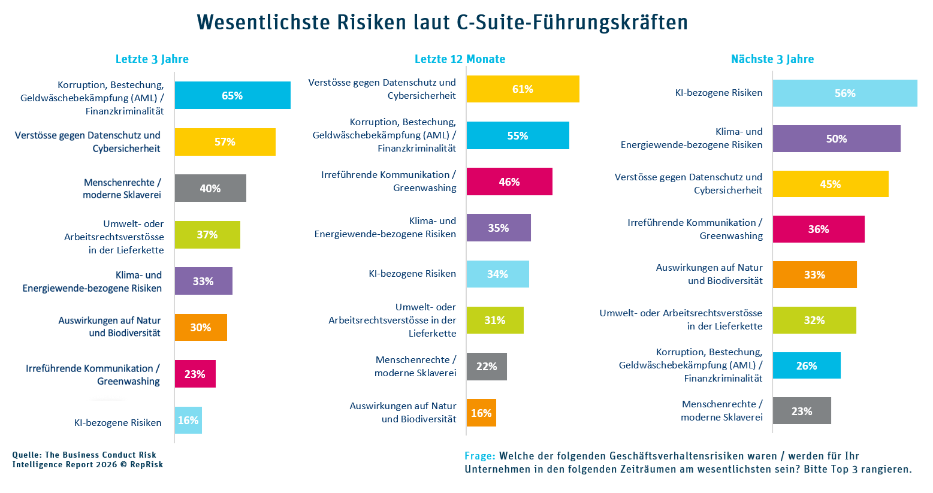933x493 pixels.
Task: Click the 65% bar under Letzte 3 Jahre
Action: coord(233,95)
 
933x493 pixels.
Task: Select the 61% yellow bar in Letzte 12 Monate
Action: coord(523,89)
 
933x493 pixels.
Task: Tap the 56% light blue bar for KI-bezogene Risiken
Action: coord(844,93)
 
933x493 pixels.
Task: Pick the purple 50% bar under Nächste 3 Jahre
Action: coord(836,139)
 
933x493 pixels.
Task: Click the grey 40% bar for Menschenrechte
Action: coord(210,188)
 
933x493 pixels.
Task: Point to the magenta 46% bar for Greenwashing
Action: coord(509,182)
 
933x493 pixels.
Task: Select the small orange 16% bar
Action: coord(481,413)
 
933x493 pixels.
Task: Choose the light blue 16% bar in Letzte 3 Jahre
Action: coord(188,420)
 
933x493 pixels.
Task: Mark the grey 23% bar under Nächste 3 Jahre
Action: coord(801,411)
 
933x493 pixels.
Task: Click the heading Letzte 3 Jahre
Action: coord(152,59)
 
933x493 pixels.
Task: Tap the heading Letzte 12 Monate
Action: coord(460,59)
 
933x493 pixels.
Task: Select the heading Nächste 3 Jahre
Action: coord(772,59)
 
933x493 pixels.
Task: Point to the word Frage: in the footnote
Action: coord(479,456)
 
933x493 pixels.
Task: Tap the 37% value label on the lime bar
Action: coord(207,235)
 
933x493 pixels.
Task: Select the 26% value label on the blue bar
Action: coord(807,365)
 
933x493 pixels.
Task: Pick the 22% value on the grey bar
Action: coord(487,366)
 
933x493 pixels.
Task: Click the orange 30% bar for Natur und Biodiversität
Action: coord(201,327)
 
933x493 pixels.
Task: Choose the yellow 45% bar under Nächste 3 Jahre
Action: coord(830,184)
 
